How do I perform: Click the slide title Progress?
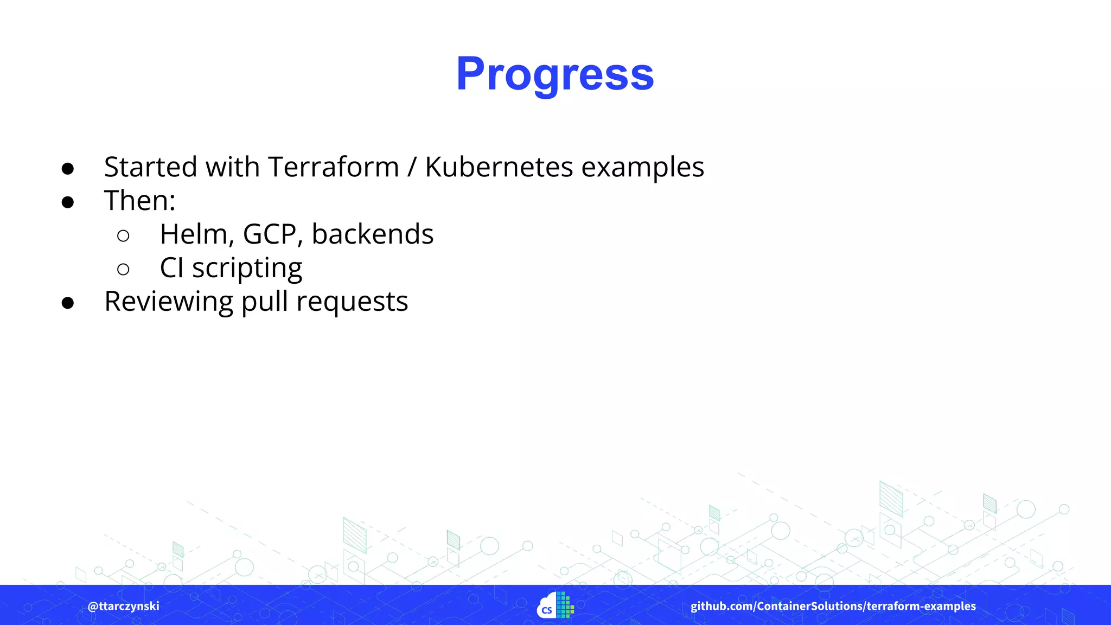[x=555, y=74]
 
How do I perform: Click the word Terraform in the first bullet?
[x=333, y=167]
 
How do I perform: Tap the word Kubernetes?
[x=499, y=167]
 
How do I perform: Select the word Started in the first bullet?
[x=150, y=167]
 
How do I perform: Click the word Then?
[x=140, y=201]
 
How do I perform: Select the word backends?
[x=373, y=234]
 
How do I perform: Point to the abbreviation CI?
[x=171, y=268]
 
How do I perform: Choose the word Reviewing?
[x=168, y=302]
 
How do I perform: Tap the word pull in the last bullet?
[x=265, y=302]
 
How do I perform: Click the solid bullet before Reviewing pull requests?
[x=68, y=303]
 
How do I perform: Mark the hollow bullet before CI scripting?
[x=123, y=269]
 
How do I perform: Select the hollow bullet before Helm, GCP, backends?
[x=123, y=235]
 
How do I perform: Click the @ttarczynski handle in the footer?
[x=124, y=606]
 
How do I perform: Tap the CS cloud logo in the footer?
[x=555, y=605]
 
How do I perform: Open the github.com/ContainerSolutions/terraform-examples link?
[x=833, y=606]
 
